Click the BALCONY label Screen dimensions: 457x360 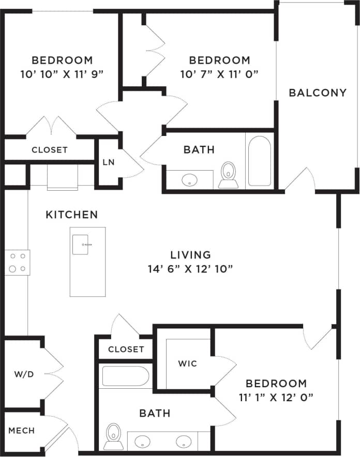point(317,93)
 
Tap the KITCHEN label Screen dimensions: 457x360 point(72,215)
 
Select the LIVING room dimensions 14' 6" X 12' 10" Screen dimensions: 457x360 point(191,268)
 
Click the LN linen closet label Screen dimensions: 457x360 point(108,162)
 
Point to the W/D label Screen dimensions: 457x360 point(24,374)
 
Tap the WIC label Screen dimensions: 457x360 point(187,363)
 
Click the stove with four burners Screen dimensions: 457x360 point(17,262)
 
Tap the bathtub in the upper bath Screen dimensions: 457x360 point(259,160)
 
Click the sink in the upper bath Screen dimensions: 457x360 point(190,180)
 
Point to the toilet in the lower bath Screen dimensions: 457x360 point(113,436)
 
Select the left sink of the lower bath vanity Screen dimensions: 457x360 point(143,442)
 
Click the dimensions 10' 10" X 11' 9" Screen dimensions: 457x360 point(62,73)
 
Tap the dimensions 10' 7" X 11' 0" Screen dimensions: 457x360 point(219,74)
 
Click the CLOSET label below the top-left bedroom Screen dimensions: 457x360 point(50,150)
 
